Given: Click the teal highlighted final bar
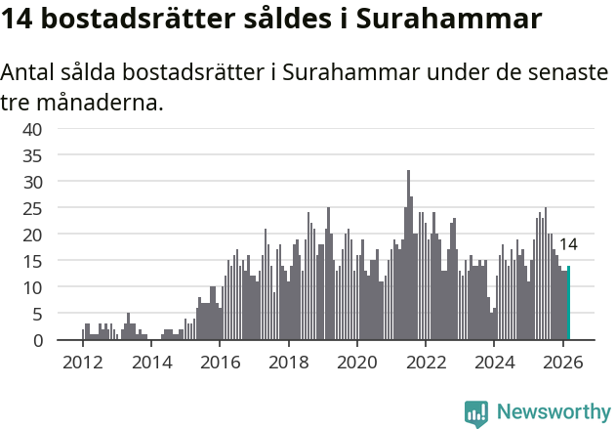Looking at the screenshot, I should coord(568,304).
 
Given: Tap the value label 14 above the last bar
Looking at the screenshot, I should coord(567,244).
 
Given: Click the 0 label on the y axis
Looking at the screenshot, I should coord(37,340).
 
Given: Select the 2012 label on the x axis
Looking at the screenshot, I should coord(82,362).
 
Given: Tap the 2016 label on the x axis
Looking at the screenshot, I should coord(220,362).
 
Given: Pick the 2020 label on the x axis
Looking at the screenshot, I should coord(356,362).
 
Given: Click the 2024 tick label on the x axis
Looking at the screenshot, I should coord(494,362).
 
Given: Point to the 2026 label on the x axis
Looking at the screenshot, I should coord(562,362).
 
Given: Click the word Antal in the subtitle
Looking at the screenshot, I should coord(28,73).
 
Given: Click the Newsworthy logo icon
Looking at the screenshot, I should coord(476,412).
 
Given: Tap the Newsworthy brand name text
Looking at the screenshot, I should coord(553,412).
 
